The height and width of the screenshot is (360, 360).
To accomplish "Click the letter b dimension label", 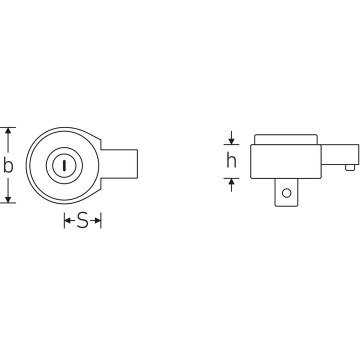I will click(x=8, y=165).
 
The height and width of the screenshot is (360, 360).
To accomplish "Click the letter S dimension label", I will click(x=82, y=220).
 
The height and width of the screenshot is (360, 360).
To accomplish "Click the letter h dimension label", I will click(x=231, y=161).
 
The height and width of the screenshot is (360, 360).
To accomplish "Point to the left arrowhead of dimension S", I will click(x=67, y=220).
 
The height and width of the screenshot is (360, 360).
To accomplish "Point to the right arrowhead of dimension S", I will click(x=97, y=220).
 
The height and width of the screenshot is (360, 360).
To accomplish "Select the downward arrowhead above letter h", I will click(x=231, y=140).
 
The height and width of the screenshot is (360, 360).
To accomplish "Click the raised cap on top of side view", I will click(x=285, y=139).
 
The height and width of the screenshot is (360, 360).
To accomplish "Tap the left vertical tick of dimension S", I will click(x=64, y=220).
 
